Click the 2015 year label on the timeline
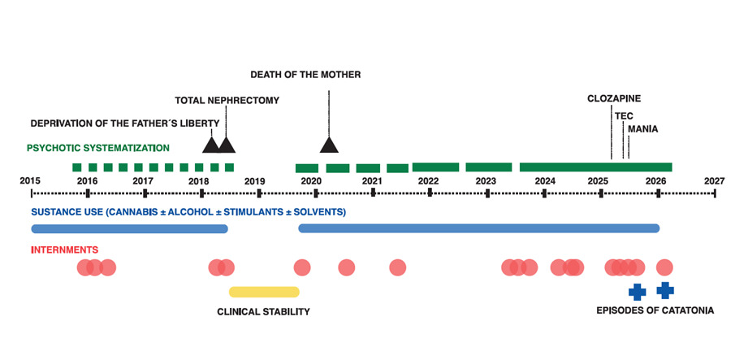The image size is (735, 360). click(30, 180)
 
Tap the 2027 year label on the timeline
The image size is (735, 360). click(714, 180)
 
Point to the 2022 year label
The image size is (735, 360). click(428, 180)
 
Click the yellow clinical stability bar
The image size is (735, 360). click(264, 292)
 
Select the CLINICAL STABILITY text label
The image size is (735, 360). click(263, 311)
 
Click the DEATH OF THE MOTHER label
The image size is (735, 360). click(305, 75)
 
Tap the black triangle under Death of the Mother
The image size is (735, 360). click(328, 145)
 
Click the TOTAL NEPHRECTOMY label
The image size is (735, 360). click(227, 100)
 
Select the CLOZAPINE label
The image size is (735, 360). click(614, 98)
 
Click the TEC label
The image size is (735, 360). click(624, 115)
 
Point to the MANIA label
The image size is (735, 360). click(642, 128)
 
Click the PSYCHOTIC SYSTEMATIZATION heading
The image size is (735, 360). click(98, 148)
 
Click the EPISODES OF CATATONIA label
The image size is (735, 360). click(655, 311)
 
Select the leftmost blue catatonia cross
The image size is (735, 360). click(637, 291)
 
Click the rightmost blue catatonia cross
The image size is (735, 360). click(665, 289)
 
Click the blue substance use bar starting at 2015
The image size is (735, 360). click(129, 228)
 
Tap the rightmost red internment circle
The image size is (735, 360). click(664, 267)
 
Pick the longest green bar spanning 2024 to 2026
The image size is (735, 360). click(595, 167)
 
